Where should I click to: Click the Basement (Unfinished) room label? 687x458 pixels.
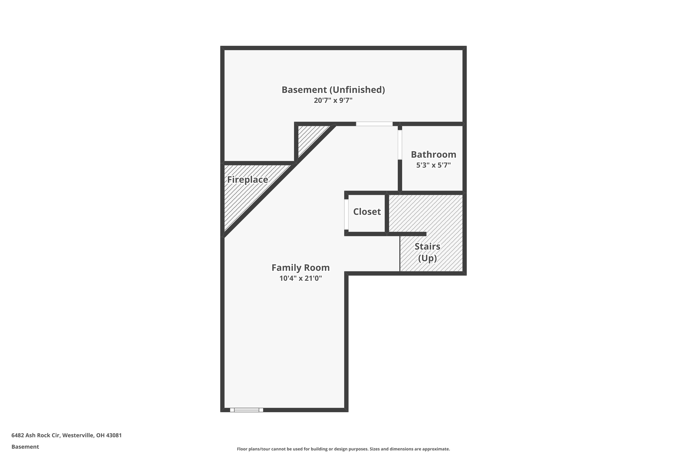tap(333, 90)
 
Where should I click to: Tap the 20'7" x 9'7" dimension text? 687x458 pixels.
tap(333, 101)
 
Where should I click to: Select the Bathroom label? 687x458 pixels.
tap(433, 155)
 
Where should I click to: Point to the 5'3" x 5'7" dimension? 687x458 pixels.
tap(433, 165)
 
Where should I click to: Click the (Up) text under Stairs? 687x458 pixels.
tap(427, 258)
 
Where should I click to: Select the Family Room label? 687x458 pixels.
tap(300, 267)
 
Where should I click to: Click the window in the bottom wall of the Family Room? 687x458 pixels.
tap(247, 410)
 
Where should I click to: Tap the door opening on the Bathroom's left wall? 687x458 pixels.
tap(400, 145)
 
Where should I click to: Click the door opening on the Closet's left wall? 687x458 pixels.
tap(346, 214)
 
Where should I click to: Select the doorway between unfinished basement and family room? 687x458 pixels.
tap(374, 124)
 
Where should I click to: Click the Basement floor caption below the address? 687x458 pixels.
tap(25, 447)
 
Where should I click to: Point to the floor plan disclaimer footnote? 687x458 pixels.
tap(343, 449)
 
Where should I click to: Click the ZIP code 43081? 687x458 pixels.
tap(114, 435)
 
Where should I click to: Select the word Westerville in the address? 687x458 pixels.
tap(78, 435)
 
